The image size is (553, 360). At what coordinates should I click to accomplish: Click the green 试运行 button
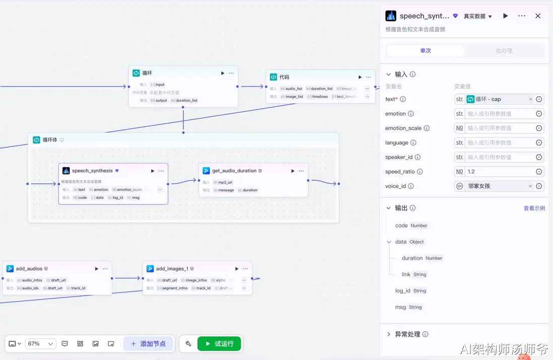(219, 344)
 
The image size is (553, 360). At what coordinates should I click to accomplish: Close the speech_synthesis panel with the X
(538, 16)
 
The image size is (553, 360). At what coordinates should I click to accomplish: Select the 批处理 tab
(504, 51)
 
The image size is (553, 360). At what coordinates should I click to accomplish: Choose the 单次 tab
(426, 51)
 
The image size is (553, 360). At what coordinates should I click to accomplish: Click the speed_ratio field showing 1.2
(499, 172)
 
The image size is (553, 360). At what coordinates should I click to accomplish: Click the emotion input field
(499, 114)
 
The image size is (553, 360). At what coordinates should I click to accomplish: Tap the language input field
(499, 143)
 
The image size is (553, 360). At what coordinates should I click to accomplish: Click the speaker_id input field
(499, 157)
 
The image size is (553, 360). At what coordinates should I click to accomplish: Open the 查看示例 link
(534, 208)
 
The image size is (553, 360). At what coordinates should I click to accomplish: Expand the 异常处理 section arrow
(389, 334)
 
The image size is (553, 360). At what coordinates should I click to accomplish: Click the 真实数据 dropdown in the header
(478, 16)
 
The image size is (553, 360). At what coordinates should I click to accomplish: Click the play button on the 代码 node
(360, 77)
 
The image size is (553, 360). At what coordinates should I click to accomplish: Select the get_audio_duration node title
(234, 171)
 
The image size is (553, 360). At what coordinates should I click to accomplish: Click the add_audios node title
(29, 269)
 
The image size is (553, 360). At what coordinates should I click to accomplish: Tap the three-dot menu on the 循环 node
(231, 73)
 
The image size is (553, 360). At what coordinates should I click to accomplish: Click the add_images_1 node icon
(150, 269)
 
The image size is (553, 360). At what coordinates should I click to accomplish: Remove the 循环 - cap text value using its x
(530, 100)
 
